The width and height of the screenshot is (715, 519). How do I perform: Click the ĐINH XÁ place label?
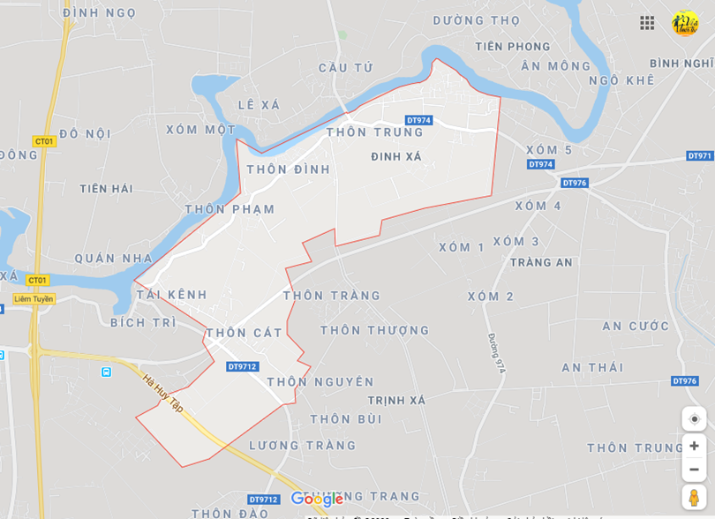pyautogui.click(x=396, y=157)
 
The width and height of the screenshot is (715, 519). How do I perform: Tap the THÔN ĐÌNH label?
pyautogui.click(x=288, y=169)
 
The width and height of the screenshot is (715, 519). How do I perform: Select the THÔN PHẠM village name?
pyautogui.click(x=230, y=210)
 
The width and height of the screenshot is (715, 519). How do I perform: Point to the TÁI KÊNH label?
pyautogui.click(x=171, y=295)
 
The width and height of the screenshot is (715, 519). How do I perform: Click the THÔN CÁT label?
pyautogui.click(x=245, y=334)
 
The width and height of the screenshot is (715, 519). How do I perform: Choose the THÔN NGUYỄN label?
pyautogui.click(x=320, y=382)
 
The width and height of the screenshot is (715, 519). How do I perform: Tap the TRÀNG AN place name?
pyautogui.click(x=541, y=263)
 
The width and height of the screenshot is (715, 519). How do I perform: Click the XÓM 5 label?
pyautogui.click(x=549, y=150)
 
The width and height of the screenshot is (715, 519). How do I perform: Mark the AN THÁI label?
pyautogui.click(x=592, y=368)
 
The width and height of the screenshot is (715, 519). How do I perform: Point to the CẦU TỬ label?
pyautogui.click(x=346, y=68)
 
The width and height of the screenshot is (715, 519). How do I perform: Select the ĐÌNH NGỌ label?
pyautogui.click(x=100, y=13)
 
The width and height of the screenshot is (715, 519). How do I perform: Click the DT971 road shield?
pyautogui.click(x=700, y=156)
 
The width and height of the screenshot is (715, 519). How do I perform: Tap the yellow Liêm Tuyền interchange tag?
pyautogui.click(x=34, y=299)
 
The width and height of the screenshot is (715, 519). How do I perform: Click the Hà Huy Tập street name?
pyautogui.click(x=162, y=393)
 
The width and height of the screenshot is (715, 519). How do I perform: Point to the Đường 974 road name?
pyautogui.click(x=497, y=353)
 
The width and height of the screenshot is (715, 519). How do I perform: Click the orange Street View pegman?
pyautogui.click(x=694, y=497)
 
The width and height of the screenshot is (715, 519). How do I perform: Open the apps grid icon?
pyautogui.click(x=647, y=23)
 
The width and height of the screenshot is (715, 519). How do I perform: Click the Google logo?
pyautogui.click(x=317, y=500)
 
